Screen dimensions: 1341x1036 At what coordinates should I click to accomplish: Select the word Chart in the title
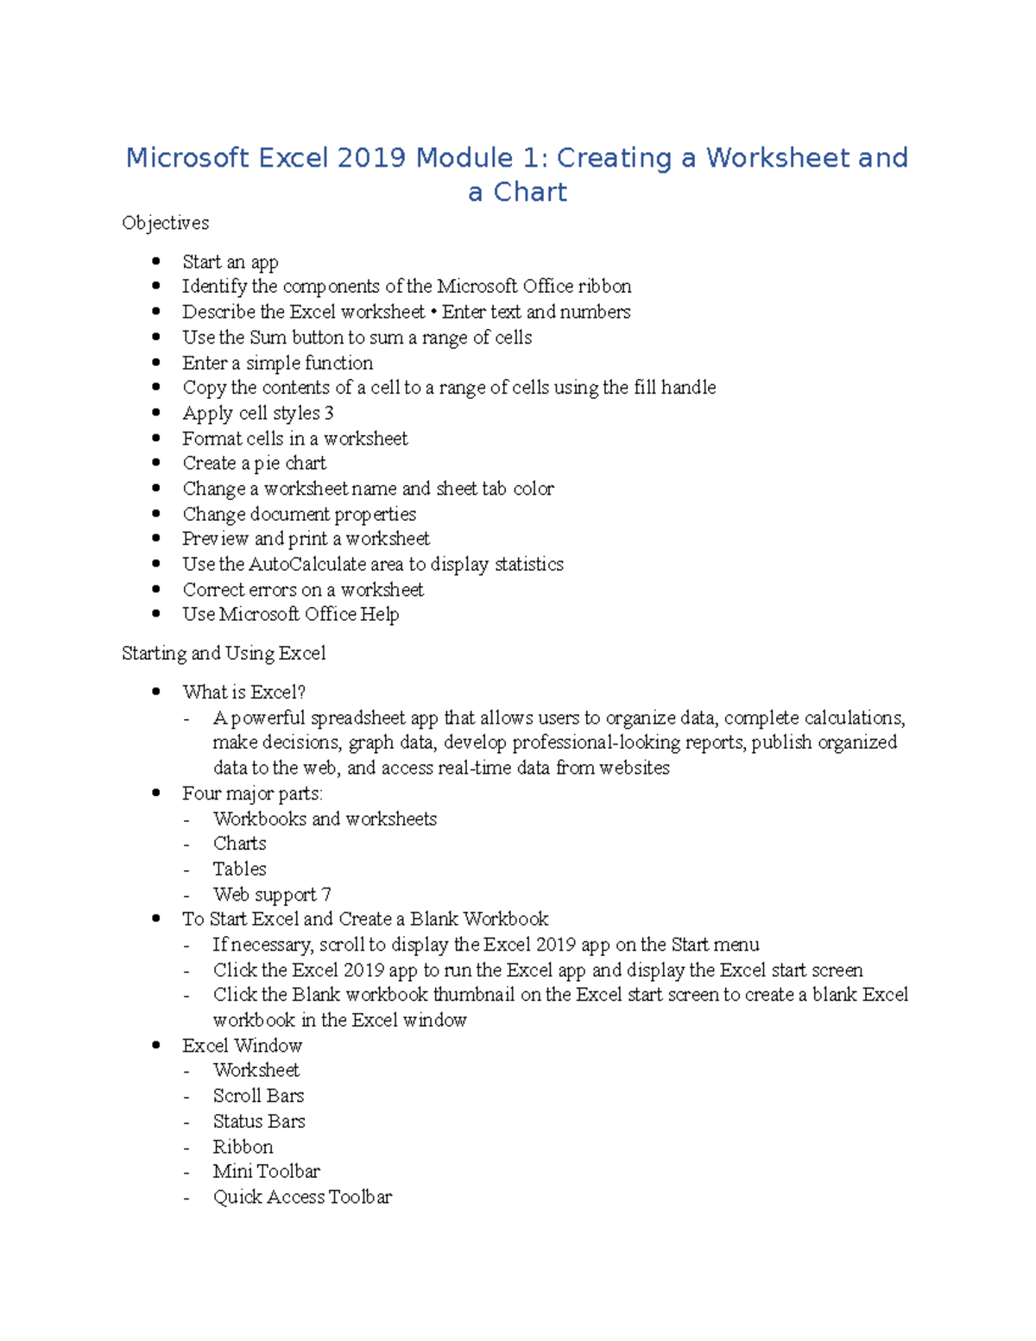(530, 192)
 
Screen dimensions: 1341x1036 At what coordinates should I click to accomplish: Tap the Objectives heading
(165, 223)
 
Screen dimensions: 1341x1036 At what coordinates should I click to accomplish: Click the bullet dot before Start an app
(156, 261)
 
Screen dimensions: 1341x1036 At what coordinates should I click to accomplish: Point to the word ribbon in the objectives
(604, 287)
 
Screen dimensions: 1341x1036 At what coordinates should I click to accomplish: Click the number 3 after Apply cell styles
(329, 413)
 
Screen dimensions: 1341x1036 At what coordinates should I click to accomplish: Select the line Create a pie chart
(254, 464)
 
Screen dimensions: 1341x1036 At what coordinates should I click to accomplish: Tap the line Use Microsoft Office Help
(290, 615)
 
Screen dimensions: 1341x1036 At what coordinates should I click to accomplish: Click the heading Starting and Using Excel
(224, 654)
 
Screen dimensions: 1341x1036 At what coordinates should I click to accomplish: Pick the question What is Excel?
(243, 693)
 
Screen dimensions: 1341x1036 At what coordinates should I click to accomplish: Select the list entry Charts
(239, 844)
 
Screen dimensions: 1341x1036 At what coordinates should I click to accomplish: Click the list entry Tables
(239, 869)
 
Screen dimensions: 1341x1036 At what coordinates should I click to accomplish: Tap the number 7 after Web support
(326, 895)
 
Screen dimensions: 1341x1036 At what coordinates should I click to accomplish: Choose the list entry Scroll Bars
(258, 1096)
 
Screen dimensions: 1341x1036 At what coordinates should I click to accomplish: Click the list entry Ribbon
(243, 1147)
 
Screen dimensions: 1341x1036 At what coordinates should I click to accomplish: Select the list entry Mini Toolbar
(266, 1172)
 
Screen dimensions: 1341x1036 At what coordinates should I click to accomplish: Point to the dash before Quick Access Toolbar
(186, 1198)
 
